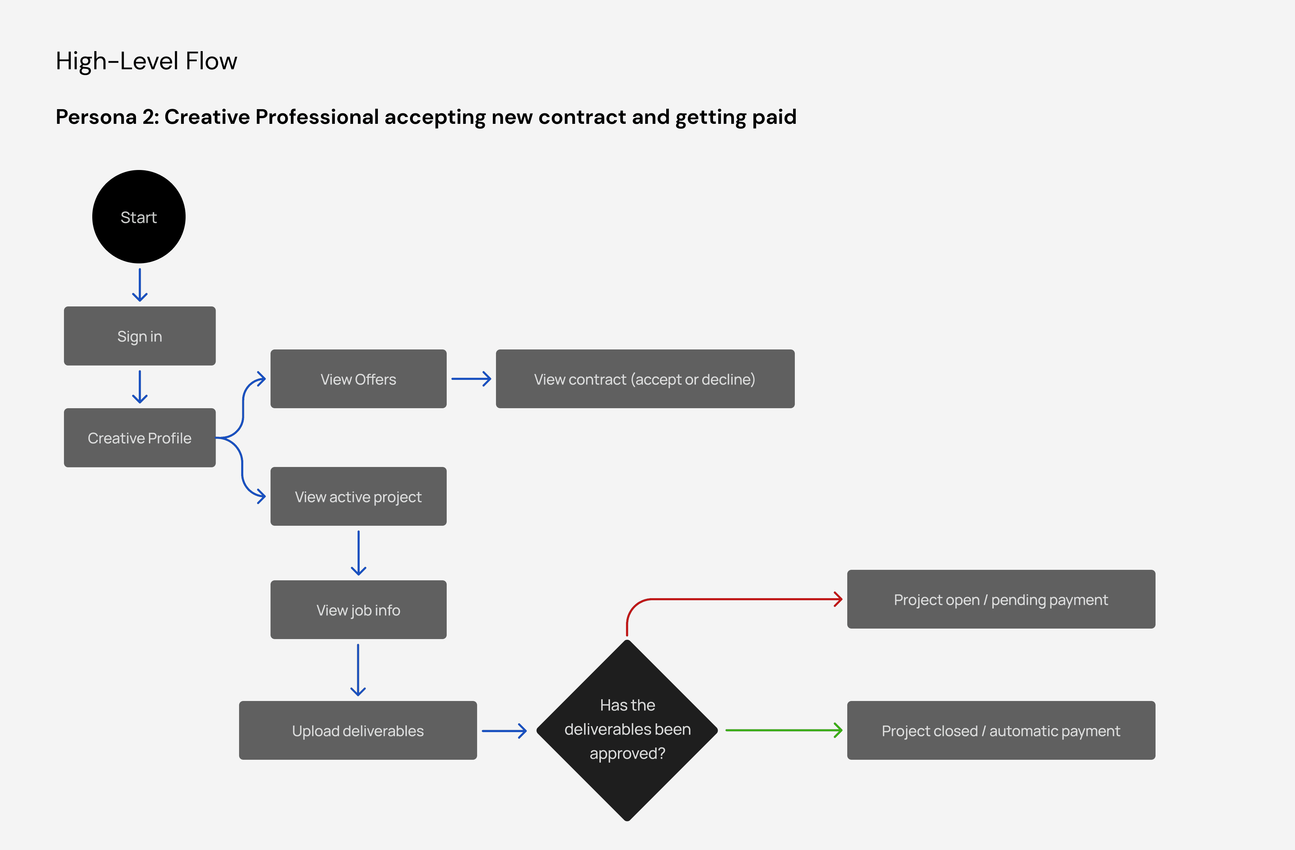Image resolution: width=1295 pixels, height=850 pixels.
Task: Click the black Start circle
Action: (139, 217)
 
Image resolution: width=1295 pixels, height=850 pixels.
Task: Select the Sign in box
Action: (140, 336)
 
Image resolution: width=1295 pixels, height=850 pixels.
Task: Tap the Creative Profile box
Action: (140, 438)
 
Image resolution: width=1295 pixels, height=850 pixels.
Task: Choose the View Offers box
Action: (358, 379)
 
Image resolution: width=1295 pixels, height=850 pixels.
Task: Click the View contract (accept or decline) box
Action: (645, 379)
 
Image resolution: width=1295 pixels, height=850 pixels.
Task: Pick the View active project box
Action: (358, 497)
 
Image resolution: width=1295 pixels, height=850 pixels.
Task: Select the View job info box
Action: (358, 610)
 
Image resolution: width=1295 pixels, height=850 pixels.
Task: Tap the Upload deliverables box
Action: (358, 730)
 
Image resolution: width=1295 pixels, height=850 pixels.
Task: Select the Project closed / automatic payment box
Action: (1001, 730)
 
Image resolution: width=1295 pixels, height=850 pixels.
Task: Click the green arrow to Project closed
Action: (784, 730)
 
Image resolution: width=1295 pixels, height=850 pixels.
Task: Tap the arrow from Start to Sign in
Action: (140, 285)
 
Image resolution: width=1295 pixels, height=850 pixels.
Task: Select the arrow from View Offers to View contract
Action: (471, 379)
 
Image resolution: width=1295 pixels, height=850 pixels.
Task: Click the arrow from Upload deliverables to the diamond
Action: (504, 731)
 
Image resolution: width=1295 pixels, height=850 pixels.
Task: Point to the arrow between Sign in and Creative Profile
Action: (140, 387)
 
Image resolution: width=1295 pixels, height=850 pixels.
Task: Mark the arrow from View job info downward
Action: (358, 670)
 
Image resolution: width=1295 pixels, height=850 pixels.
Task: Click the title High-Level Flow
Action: (146, 61)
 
